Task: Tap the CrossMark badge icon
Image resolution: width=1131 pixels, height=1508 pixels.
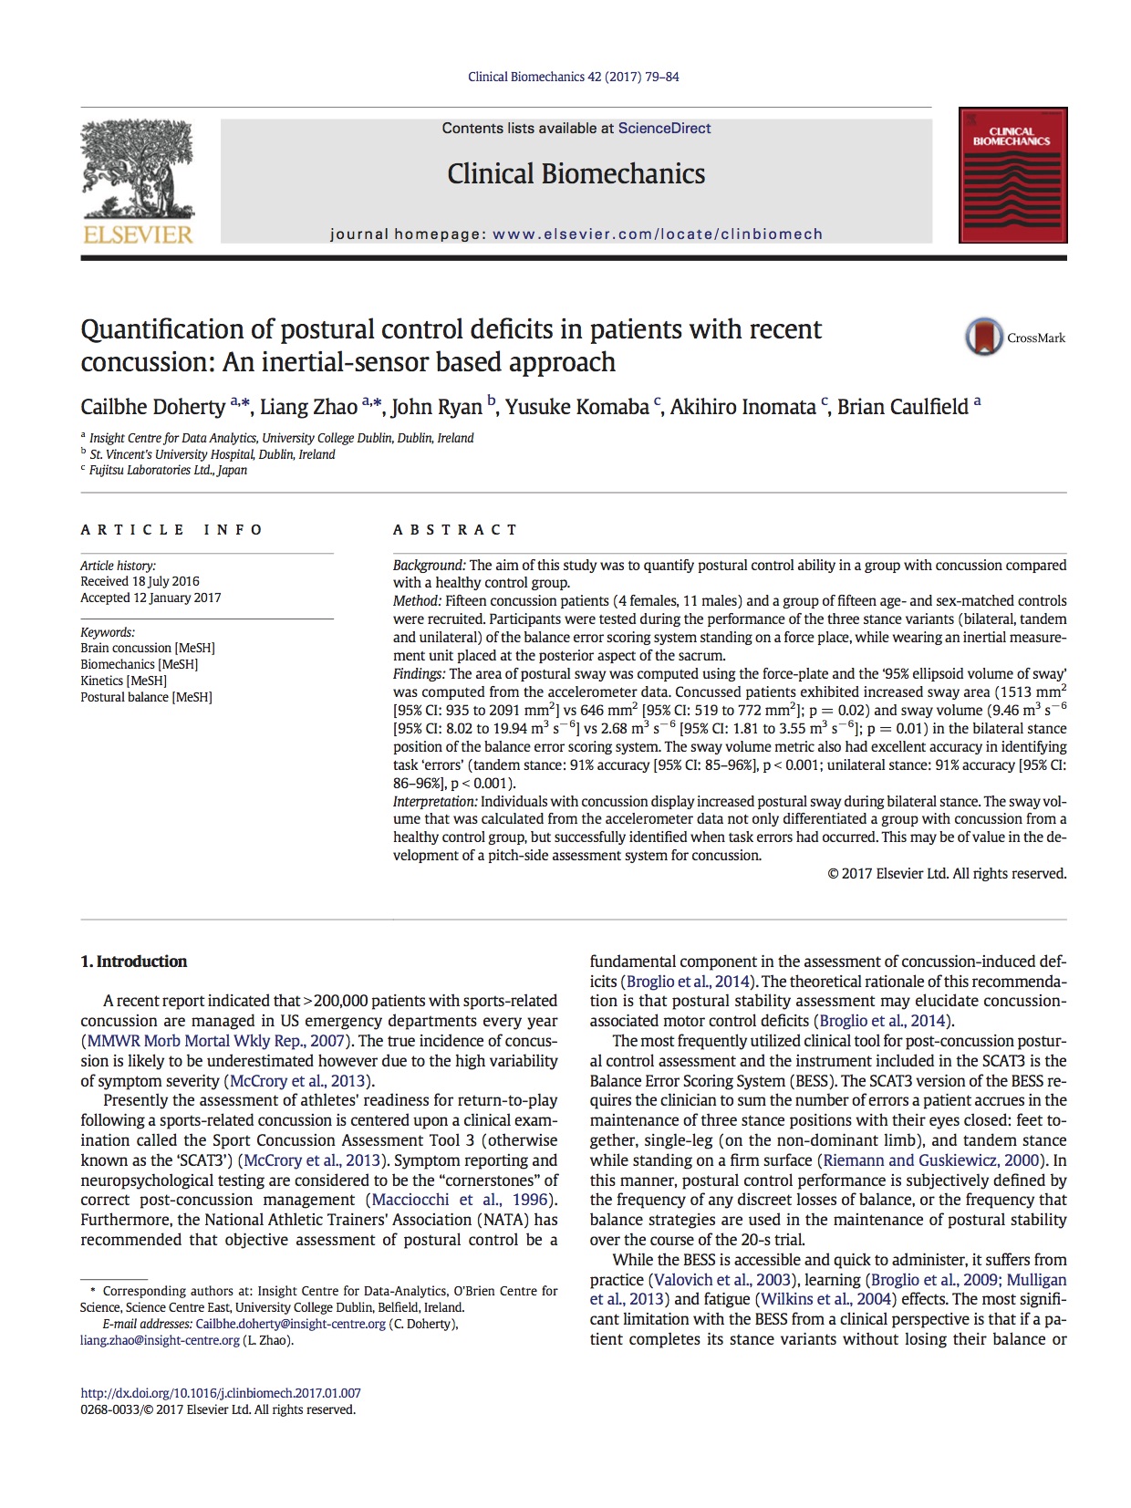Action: coord(984,338)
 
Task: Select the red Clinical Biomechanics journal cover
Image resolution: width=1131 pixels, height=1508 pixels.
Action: coord(1012,175)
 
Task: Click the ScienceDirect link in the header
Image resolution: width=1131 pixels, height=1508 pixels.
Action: coord(664,129)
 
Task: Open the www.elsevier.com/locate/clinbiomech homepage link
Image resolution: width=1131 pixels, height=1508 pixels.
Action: coord(657,234)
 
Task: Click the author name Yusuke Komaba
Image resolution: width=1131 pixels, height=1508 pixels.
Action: coord(576,407)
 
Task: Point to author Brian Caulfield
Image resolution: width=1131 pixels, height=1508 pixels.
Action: coord(902,407)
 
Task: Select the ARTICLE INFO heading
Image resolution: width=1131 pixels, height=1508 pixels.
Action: coord(171,530)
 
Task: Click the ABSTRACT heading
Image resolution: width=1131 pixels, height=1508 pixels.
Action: coord(455,530)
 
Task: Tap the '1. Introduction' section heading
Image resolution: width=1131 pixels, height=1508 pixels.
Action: coord(133,962)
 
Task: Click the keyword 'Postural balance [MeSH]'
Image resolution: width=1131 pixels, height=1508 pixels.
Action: coord(146,697)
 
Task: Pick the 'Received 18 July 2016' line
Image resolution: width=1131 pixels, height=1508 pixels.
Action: coord(140,581)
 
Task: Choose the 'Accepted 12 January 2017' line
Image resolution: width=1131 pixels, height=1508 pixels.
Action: coord(150,598)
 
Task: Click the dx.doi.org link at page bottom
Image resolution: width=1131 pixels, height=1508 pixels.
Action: coord(221,1393)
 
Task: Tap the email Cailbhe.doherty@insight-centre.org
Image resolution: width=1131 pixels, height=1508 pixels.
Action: coord(290,1324)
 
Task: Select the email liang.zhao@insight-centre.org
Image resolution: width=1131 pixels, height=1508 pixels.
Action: coord(160,1340)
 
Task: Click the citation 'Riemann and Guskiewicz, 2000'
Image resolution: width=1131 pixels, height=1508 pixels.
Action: coord(931,1160)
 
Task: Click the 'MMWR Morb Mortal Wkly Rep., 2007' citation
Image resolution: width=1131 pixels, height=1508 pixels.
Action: coord(216,1041)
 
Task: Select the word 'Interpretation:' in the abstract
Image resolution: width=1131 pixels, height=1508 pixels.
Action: coord(435,801)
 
